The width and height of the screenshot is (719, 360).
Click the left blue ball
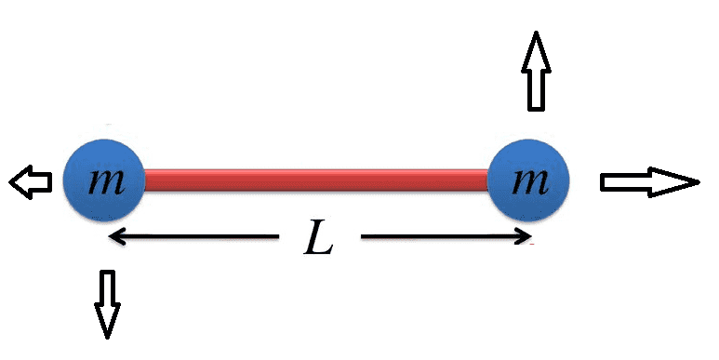click(x=103, y=178)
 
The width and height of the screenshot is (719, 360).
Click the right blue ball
click(x=527, y=179)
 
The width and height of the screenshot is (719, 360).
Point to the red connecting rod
click(x=316, y=179)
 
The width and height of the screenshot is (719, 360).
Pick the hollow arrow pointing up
click(x=536, y=71)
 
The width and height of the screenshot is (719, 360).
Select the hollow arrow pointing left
click(x=31, y=181)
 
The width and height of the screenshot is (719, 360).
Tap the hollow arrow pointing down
click(x=108, y=302)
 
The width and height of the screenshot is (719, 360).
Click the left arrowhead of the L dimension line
click(x=117, y=236)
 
